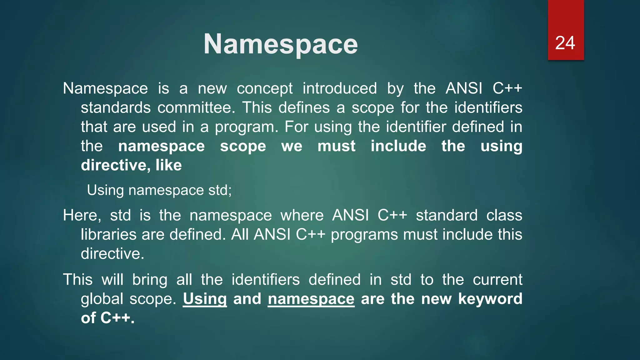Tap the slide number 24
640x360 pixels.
(x=565, y=43)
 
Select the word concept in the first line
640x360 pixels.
(x=264, y=89)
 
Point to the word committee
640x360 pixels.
(x=196, y=108)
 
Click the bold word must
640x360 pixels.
(x=336, y=146)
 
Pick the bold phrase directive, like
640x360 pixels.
(x=131, y=165)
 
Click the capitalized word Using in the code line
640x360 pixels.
(x=105, y=190)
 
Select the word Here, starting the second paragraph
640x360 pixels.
(x=82, y=216)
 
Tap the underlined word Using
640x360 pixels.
(x=205, y=299)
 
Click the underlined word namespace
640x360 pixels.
(x=311, y=299)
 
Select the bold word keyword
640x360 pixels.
(x=490, y=299)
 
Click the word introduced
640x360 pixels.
(x=340, y=89)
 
